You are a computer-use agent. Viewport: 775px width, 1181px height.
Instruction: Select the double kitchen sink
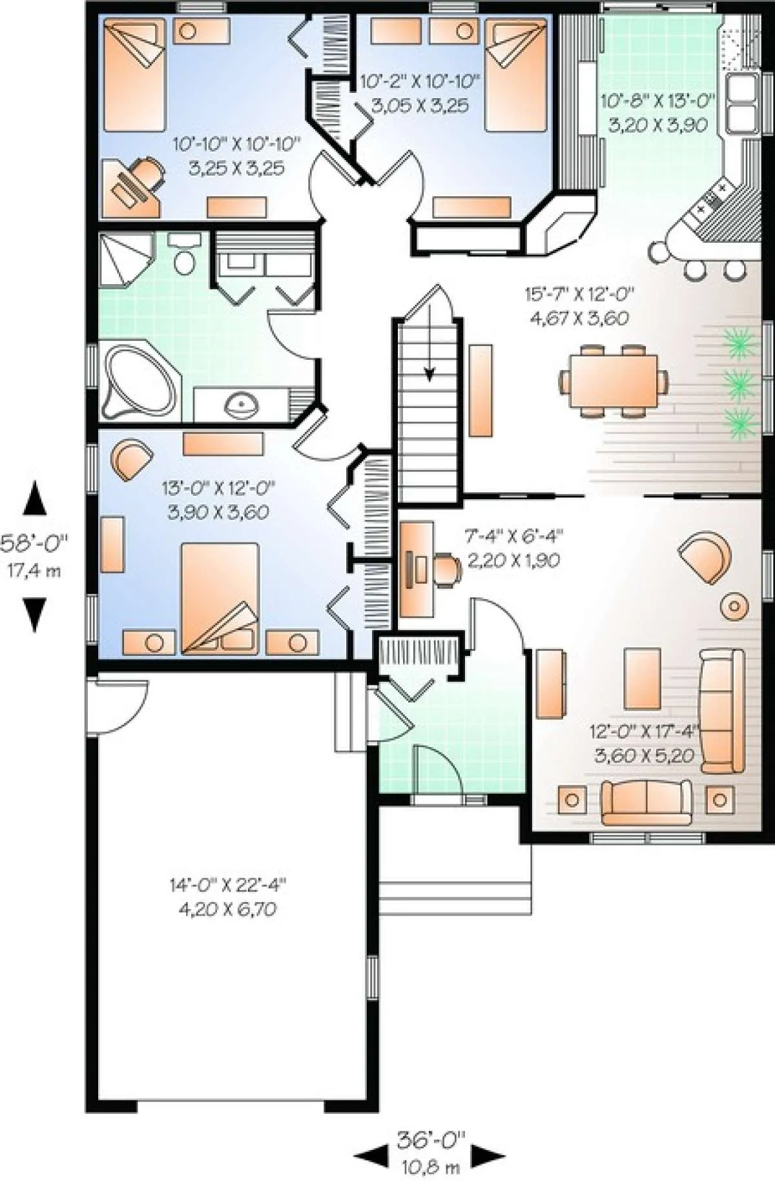pos(742,103)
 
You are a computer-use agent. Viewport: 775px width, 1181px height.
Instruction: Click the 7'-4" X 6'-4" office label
pos(514,535)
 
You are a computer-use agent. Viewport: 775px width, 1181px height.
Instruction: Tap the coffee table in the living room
pos(642,678)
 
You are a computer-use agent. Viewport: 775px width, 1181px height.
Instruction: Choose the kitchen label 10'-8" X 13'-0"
pos(658,101)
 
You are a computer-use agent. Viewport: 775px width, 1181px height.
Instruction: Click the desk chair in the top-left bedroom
pos(148,173)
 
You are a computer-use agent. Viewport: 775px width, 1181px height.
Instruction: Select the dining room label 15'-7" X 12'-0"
pos(579,294)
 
